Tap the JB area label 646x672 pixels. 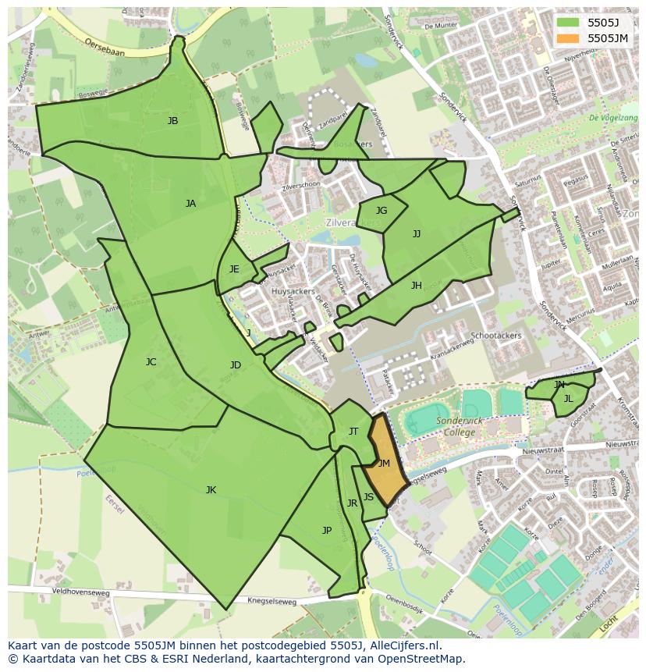pos(172,121)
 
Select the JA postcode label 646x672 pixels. pos(190,204)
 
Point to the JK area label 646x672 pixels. pos(211,490)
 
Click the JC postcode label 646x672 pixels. pos(151,362)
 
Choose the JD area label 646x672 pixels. pos(236,365)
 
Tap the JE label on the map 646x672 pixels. pos(234,269)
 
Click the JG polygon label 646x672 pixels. pos(382,211)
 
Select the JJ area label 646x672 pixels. pos(417,234)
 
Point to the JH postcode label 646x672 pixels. pos(417,286)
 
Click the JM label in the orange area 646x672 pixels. pos(384,464)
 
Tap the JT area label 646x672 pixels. pos(353,432)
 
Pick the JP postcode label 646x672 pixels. pos(327,531)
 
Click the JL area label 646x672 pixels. pos(568,399)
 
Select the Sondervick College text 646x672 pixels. pos(460,426)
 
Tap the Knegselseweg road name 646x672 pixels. pos(273,601)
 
